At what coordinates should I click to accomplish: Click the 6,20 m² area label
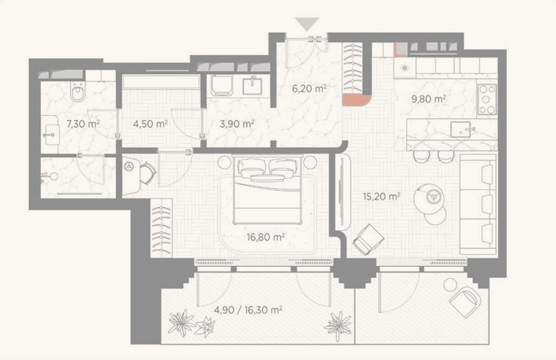tap(309, 88)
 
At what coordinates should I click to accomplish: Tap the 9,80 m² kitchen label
tap(428, 99)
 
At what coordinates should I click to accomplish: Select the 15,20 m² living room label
tap(381, 196)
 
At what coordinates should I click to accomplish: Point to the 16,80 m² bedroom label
tap(266, 236)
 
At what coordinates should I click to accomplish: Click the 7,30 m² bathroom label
tap(83, 124)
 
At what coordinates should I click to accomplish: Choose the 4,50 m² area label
tap(150, 124)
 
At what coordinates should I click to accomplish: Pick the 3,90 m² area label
tap(237, 124)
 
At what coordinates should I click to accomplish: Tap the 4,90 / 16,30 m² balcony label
tap(248, 310)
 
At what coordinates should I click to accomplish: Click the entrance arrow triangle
tap(308, 24)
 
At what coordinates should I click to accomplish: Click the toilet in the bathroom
tap(77, 92)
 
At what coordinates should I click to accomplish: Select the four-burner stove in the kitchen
tap(486, 100)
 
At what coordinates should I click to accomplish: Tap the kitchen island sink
tap(461, 129)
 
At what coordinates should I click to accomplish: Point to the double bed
tap(268, 190)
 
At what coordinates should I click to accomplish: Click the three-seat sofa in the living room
tap(477, 204)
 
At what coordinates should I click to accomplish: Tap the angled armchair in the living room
tap(368, 239)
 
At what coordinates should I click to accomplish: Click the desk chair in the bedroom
tap(148, 173)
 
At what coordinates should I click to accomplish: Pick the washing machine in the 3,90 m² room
tap(223, 85)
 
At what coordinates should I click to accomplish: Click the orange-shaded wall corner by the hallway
tap(356, 100)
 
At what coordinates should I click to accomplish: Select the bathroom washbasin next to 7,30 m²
tap(51, 134)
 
